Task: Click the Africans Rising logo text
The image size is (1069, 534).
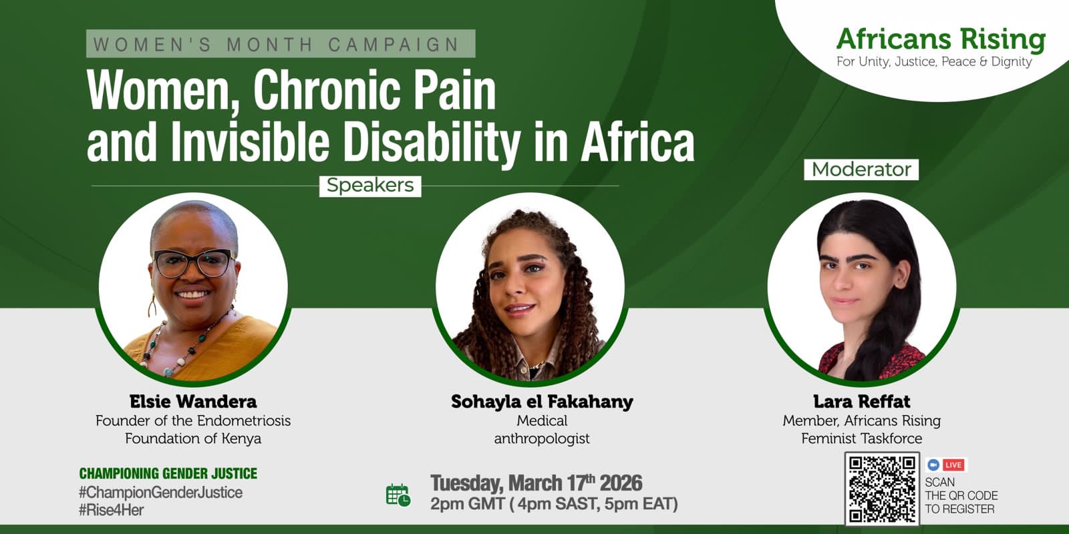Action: pos(941,39)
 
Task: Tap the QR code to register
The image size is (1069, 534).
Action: pos(882,489)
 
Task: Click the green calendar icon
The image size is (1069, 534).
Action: pos(398,495)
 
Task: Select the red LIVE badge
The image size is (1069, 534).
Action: pos(953,465)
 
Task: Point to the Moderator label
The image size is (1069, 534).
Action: pos(861,170)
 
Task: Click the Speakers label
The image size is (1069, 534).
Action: pos(370,186)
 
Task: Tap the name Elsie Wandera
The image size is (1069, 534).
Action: pos(193,401)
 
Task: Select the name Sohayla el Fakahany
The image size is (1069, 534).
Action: pos(542,401)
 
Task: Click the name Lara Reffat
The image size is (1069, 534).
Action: pos(861,401)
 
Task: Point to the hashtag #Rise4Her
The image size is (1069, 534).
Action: pos(111,510)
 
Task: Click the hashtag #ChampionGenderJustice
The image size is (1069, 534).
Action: pos(161,492)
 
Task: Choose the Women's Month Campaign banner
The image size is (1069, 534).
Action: pos(281,44)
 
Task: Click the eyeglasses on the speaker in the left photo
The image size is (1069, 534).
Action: pos(193,263)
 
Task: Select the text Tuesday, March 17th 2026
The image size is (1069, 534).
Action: pos(536,483)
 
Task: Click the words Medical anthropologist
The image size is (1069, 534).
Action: pos(542,429)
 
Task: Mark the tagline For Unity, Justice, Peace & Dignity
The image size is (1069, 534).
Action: pos(934,62)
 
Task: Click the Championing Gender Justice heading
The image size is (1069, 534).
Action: pos(168,473)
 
